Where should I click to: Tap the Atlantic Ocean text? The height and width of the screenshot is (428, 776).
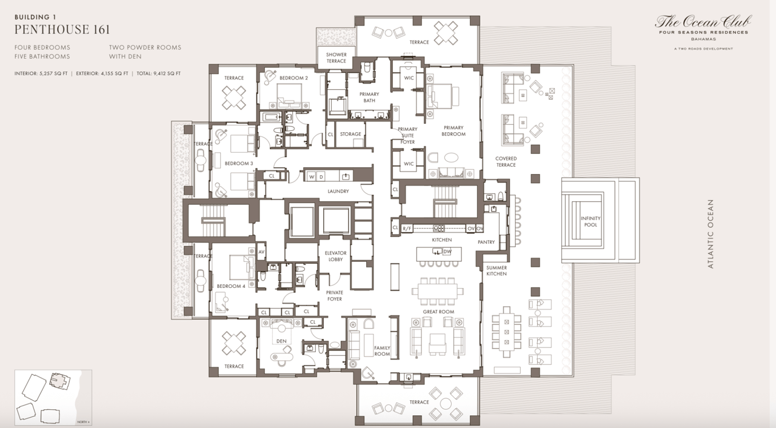711,234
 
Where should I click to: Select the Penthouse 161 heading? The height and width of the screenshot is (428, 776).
62,29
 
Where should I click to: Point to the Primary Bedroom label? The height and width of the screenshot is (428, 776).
453,131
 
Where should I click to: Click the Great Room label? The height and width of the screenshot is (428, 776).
438,312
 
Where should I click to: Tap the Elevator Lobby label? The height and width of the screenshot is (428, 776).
335,256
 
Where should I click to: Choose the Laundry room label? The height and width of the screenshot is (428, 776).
338,192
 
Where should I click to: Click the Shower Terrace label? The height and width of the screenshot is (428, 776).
336,58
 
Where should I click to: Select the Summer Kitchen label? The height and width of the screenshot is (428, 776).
497,270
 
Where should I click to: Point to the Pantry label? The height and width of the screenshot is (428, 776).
486,242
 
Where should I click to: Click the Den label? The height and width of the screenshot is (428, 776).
281,341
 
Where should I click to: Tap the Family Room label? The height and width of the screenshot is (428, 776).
382,352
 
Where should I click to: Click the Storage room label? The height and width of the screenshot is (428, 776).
350,134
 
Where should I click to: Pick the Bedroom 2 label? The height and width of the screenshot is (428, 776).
293,78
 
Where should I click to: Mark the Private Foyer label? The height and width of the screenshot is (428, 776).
334,295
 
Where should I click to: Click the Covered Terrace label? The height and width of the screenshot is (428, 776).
506,162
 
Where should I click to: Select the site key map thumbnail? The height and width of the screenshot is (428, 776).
53,397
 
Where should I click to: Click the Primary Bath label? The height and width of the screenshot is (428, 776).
369,97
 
